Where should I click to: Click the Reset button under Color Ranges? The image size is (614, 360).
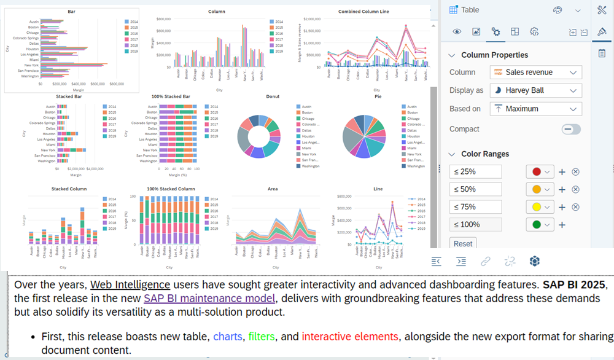click(463, 244)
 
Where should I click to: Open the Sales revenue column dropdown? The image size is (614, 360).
click(535, 72)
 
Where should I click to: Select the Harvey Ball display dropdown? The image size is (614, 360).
click(535, 90)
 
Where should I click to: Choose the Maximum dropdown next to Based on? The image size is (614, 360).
click(535, 109)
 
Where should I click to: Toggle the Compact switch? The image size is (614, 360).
click(571, 129)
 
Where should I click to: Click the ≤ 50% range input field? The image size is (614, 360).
click(475, 189)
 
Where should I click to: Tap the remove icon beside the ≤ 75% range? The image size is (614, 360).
click(575, 207)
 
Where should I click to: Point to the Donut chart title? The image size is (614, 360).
click(272, 96)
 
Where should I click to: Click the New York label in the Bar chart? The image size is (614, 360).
click(31, 65)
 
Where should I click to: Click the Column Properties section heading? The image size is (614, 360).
click(494, 55)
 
